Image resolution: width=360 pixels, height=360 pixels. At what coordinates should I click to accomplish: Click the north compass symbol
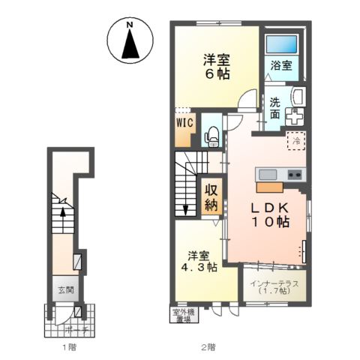(129, 41)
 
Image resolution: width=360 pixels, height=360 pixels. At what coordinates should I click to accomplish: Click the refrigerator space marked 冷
(295, 139)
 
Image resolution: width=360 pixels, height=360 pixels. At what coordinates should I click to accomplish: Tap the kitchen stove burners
(295, 175)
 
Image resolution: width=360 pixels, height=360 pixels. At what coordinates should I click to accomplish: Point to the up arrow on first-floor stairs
(62, 212)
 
